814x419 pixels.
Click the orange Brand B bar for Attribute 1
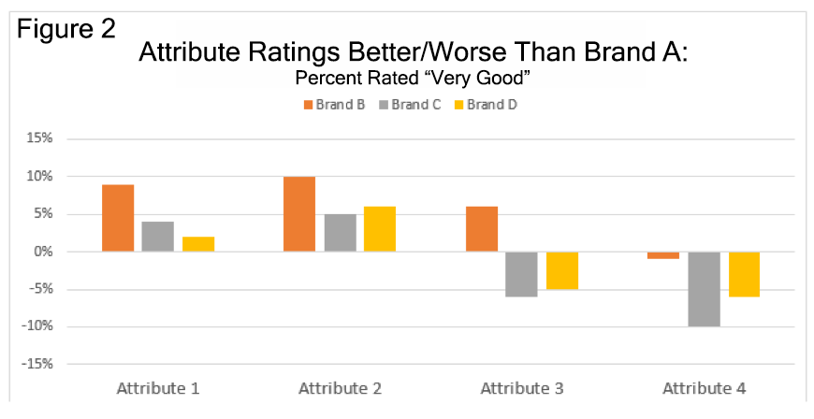click(x=118, y=218)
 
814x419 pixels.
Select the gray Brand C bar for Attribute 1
click(x=157, y=237)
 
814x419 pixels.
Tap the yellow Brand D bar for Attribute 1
click(x=198, y=244)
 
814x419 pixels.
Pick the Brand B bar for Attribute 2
click(x=299, y=214)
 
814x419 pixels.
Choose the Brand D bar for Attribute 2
click(x=380, y=229)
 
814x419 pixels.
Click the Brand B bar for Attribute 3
click(x=482, y=229)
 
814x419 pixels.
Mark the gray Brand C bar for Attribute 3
click(x=522, y=274)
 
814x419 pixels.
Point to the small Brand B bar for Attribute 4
click(x=664, y=255)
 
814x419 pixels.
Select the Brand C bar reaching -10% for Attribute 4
click(x=705, y=289)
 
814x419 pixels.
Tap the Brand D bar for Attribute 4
click(x=745, y=274)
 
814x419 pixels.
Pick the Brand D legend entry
click(x=486, y=105)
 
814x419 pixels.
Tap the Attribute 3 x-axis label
click(x=521, y=388)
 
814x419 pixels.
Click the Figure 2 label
click(x=65, y=26)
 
